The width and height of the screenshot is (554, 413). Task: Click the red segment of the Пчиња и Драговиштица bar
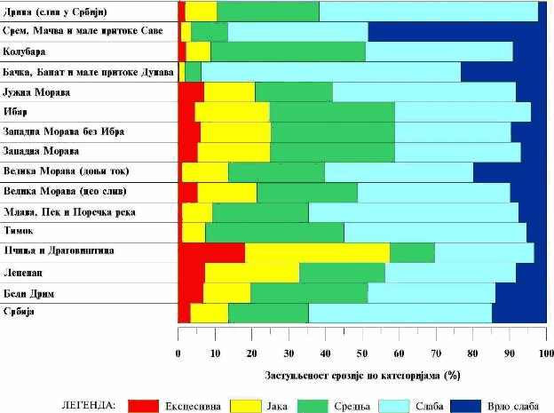pyautogui.click(x=211, y=252)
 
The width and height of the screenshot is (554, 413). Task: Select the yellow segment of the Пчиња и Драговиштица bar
pyautogui.click(x=317, y=252)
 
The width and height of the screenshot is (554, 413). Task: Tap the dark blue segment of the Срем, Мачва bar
pyautogui.click(x=457, y=31)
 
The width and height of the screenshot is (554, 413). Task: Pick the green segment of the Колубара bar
pyautogui.click(x=288, y=52)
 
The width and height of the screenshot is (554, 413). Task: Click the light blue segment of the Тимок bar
pyautogui.click(x=435, y=232)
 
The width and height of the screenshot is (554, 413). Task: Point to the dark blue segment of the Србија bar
pyautogui.click(x=519, y=313)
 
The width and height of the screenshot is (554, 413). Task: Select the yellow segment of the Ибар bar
pyautogui.click(x=232, y=112)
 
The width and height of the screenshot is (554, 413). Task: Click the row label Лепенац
pyautogui.click(x=28, y=272)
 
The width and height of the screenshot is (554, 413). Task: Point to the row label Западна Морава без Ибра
pyautogui.click(x=64, y=131)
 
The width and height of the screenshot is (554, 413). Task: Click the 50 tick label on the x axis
pyautogui.click(x=361, y=353)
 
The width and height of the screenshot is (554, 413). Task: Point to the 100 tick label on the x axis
pyautogui.click(x=543, y=353)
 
